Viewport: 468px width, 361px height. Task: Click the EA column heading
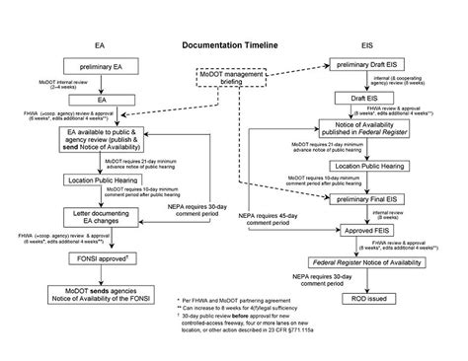coord(100,46)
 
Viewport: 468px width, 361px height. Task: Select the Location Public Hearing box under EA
coord(100,180)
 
